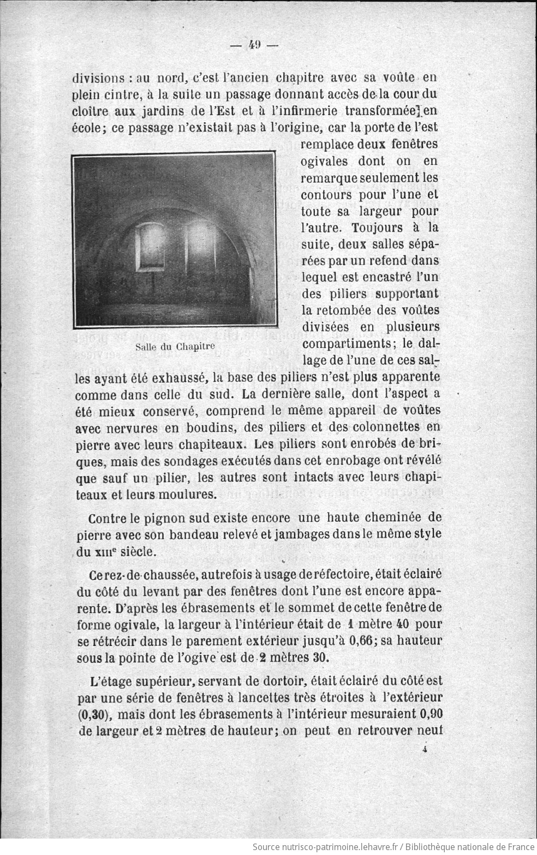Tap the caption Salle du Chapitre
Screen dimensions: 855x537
point(175,346)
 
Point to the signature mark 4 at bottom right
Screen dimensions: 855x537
point(424,750)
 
